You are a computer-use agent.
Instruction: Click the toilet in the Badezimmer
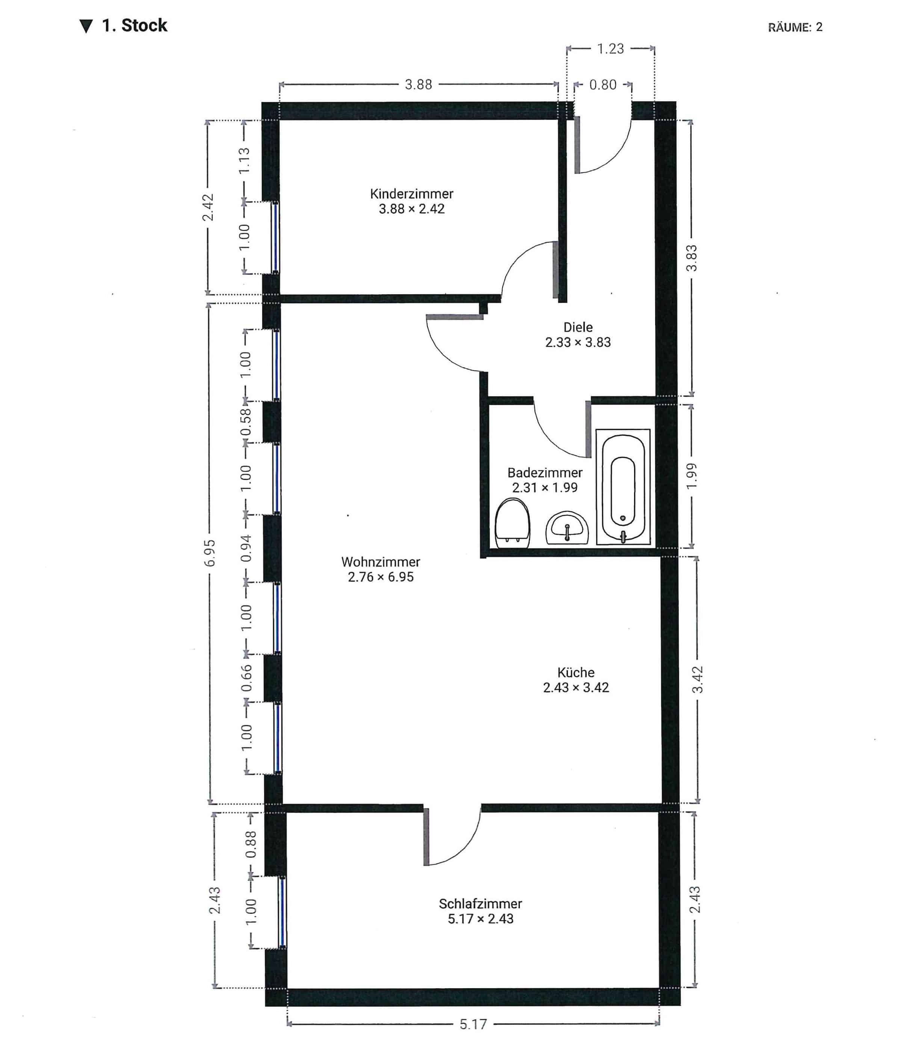tap(512, 524)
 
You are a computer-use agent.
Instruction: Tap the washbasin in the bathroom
tap(566, 528)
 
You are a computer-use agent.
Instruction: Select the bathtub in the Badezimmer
tap(623, 487)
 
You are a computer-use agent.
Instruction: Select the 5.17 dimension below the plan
tap(473, 1024)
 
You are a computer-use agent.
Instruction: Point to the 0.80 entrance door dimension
tap(603, 84)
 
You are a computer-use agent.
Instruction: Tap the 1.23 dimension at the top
tap(610, 48)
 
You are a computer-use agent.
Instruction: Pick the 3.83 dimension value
tap(691, 258)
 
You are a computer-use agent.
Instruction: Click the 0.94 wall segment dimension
tap(246, 548)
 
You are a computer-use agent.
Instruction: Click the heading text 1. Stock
tap(134, 25)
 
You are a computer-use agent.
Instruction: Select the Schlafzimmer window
tap(282, 912)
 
